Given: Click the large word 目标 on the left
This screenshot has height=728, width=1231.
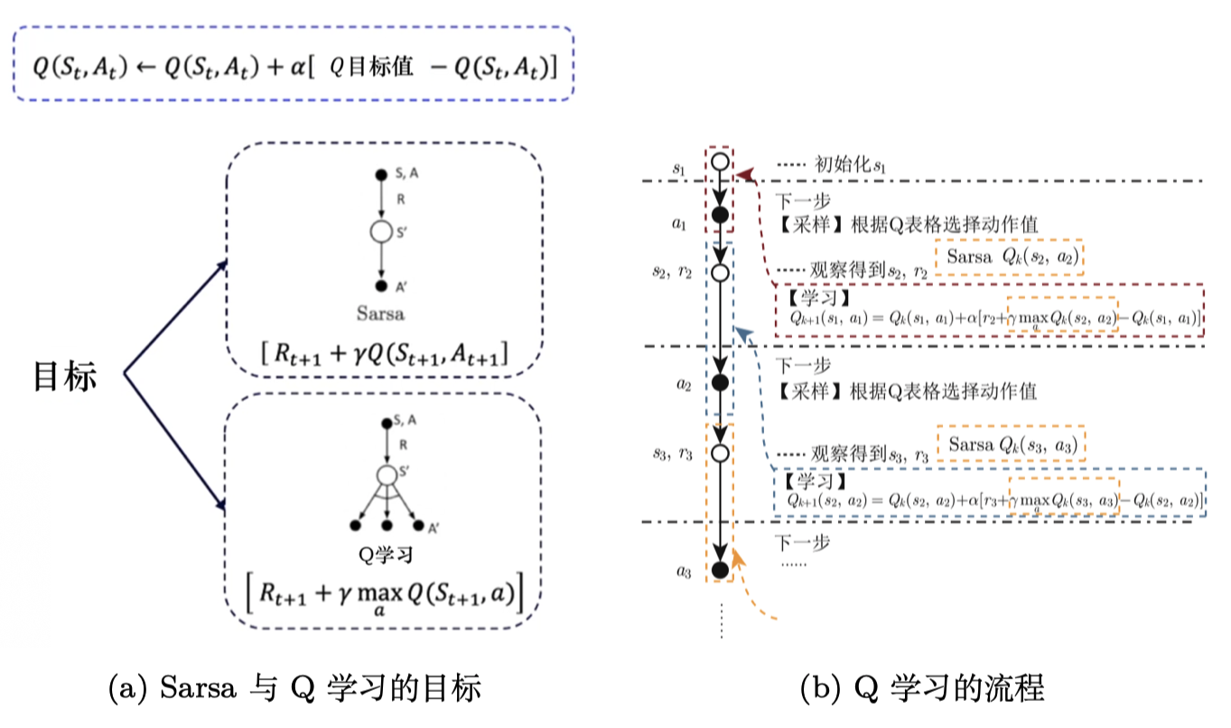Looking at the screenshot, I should (x=64, y=377).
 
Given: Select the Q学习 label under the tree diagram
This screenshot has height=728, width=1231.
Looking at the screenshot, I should (x=386, y=554).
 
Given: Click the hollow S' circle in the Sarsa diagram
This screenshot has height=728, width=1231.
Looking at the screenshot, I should (x=382, y=232).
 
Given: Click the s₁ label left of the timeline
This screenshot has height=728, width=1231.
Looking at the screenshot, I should (x=679, y=168).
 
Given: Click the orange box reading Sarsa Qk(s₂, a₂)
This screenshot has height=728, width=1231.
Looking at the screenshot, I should (x=1010, y=257).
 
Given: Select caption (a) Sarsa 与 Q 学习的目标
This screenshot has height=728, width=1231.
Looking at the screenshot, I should (x=294, y=690).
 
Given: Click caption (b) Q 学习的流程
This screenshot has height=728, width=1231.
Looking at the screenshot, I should (x=921, y=690).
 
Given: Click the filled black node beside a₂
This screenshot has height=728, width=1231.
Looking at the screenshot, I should (x=720, y=383).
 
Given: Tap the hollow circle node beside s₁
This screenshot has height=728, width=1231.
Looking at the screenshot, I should (x=720, y=163).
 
